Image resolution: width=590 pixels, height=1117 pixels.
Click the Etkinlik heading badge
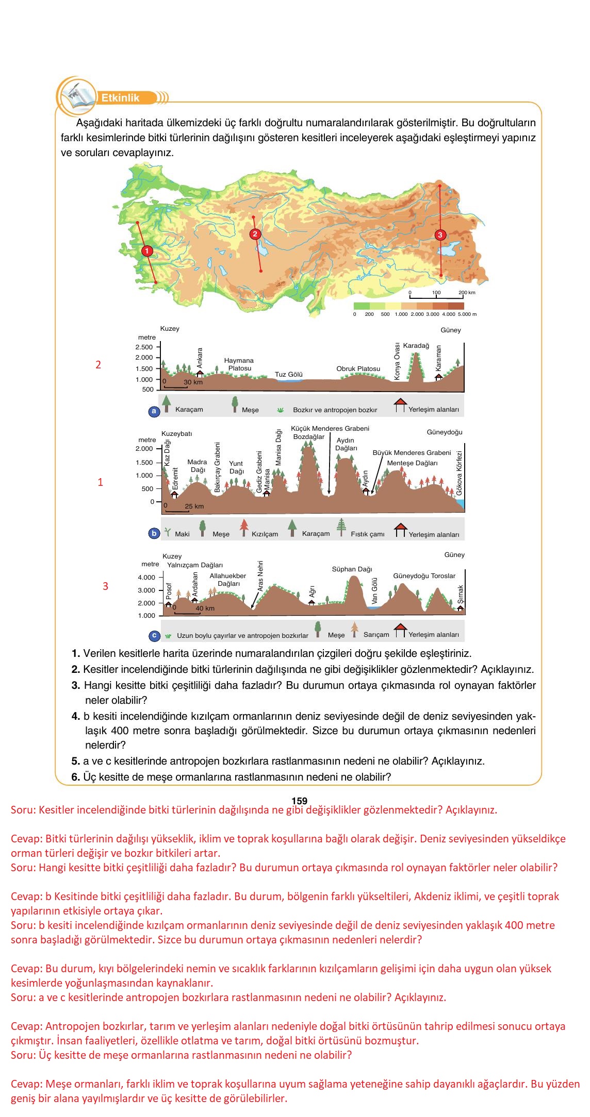[x=121, y=98]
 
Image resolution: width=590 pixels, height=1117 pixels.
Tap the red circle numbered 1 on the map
[x=147, y=251]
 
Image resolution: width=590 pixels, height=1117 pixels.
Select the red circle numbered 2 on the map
[x=255, y=234]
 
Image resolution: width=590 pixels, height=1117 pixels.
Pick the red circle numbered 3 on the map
[x=439, y=235]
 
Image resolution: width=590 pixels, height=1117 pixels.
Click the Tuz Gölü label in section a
[x=288, y=375]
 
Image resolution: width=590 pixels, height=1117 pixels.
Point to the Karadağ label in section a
[x=416, y=346]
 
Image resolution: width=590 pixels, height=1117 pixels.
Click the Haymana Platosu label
[x=239, y=364]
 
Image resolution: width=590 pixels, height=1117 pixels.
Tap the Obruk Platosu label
[x=358, y=369]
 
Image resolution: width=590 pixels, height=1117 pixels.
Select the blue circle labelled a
[x=153, y=411]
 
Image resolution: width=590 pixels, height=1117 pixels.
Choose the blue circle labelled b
[x=154, y=534]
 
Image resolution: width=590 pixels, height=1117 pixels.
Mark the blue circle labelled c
[x=154, y=635]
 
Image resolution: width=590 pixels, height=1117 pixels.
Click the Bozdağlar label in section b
[x=308, y=437]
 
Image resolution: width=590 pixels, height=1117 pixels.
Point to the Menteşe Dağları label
[x=412, y=463]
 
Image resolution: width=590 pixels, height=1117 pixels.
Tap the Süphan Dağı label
[x=352, y=569]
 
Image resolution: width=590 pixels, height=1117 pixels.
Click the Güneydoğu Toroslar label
[x=424, y=576]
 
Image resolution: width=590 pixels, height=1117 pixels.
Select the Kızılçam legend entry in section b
[x=259, y=533]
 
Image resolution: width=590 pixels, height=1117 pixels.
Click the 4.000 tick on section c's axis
[x=146, y=578]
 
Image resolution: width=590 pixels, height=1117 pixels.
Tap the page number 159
[x=299, y=801]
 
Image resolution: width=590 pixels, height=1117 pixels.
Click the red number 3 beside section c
[x=105, y=586]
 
